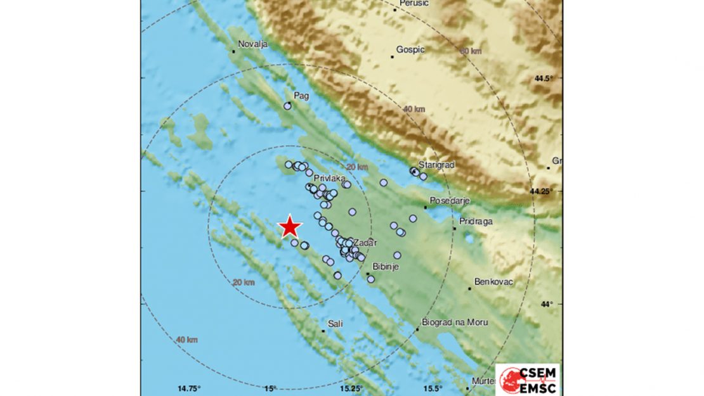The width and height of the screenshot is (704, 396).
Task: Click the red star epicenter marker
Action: pyautogui.click(x=290, y=226)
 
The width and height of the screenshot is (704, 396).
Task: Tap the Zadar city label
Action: pyautogui.click(x=365, y=243)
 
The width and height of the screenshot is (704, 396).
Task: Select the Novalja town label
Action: pyautogui.click(x=252, y=44)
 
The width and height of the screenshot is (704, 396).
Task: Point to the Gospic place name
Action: pyautogui.click(x=410, y=49)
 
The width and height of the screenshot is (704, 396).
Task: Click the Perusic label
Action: pyautogui.click(x=412, y=3)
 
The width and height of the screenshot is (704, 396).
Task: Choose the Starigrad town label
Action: pyautogui.click(x=437, y=164)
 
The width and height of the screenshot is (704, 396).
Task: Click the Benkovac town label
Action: pyautogui.click(x=493, y=281)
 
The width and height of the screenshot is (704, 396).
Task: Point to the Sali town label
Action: pyautogui.click(x=336, y=323)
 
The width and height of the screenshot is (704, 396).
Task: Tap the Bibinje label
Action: pyautogui.click(x=385, y=268)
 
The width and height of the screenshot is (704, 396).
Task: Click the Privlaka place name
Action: pyautogui.click(x=329, y=179)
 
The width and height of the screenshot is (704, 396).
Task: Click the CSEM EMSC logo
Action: pyautogui.click(x=528, y=379)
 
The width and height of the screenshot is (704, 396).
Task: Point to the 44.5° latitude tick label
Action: pyautogui.click(x=544, y=79)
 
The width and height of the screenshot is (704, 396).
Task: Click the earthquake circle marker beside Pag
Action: pyautogui.click(x=287, y=106)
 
